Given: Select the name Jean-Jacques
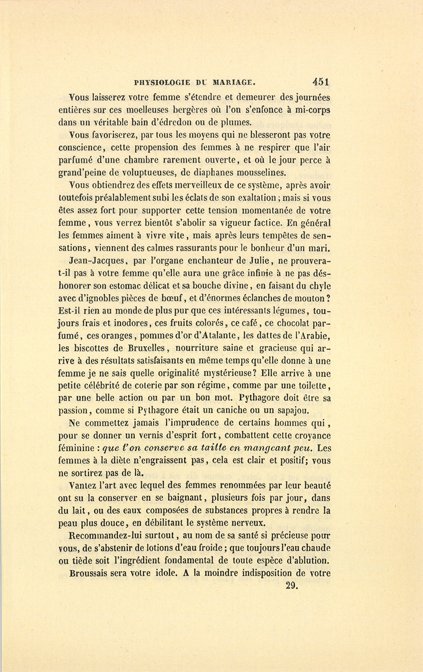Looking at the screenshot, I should [96, 260].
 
